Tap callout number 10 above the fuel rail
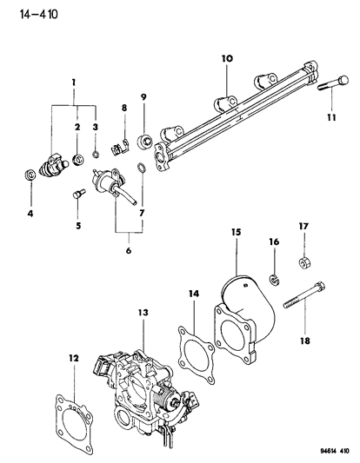coord(226,58)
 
